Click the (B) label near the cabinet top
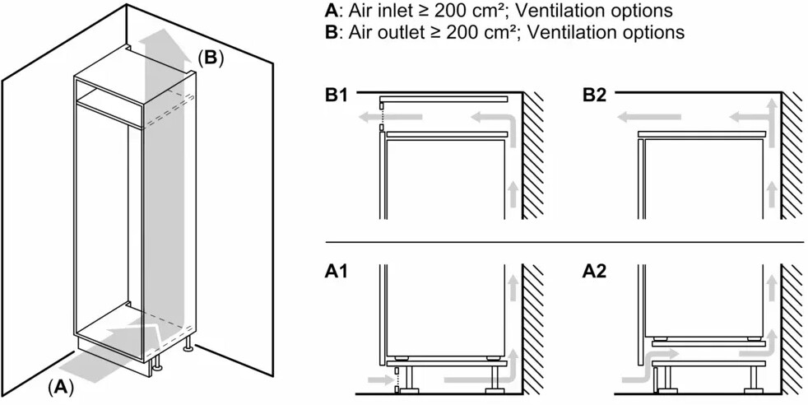(210, 58)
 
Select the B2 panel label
(594, 95)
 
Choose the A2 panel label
(594, 272)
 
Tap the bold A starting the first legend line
(332, 12)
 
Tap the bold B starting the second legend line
(332, 33)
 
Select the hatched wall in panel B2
(792, 156)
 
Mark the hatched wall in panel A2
(792, 329)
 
